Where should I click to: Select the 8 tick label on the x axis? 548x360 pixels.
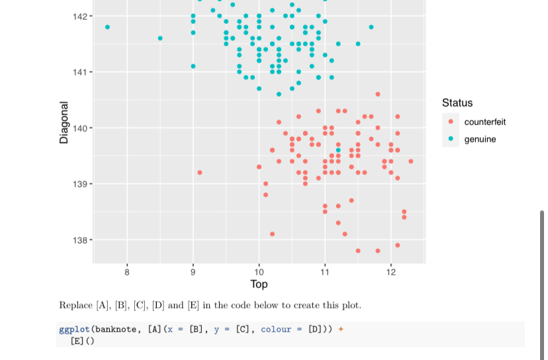[127, 271]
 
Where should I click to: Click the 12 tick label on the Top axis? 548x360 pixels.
[390, 271]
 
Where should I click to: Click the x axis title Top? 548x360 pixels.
[259, 284]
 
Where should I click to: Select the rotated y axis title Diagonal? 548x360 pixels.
[64, 122]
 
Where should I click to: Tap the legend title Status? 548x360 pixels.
[457, 103]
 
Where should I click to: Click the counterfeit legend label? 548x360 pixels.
[484, 122]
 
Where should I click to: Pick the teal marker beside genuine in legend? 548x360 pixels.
[451, 139]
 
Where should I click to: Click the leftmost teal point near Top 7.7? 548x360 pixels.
[107, 27]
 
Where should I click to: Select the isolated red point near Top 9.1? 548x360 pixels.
[200, 172]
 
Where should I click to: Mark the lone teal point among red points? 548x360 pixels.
[338, 150]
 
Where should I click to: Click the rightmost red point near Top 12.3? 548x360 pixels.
[410, 161]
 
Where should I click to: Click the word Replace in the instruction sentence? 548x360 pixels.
[75, 305]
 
